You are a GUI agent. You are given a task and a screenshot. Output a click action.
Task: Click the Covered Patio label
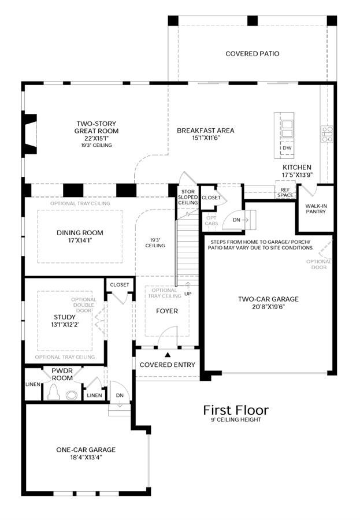point(252,54)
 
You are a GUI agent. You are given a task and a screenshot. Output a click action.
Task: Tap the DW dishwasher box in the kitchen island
point(287,148)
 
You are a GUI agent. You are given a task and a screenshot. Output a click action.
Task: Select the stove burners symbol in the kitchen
point(327,134)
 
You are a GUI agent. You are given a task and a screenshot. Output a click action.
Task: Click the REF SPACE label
point(285,192)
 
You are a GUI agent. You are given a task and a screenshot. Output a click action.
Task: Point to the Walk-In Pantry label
point(316,209)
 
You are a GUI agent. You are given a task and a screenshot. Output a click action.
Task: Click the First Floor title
point(236,410)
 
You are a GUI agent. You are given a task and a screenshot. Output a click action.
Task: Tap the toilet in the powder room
point(54,393)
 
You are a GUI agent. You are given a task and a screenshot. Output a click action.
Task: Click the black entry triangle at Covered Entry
point(168,355)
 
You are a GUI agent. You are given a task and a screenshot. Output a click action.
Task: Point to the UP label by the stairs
point(188,294)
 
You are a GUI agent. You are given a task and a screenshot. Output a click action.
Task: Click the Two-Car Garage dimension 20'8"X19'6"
point(268,307)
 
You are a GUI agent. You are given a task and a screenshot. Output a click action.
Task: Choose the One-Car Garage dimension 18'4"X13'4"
point(86,458)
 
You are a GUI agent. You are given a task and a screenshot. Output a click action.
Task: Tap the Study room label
point(65,317)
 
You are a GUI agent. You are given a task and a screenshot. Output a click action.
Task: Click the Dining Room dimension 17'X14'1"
point(80,240)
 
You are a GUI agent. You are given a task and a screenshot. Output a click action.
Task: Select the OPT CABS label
point(211,221)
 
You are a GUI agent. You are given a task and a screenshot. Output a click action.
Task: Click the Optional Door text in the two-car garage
point(318,264)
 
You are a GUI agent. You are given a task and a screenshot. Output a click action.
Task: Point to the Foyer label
point(167,311)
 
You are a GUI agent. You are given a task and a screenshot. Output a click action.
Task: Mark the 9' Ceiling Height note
point(236,419)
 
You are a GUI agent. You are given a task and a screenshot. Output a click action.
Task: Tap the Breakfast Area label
point(205,131)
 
